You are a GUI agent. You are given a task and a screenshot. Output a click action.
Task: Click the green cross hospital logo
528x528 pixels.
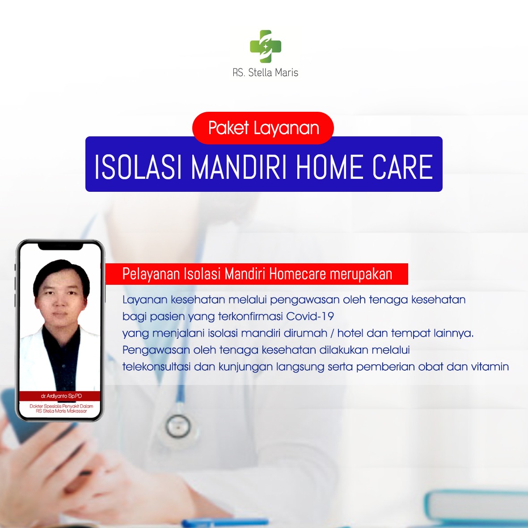266,46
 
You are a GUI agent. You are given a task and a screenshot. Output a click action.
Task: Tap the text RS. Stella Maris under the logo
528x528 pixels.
266,72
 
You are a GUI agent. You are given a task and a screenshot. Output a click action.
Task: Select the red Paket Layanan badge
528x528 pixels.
263,128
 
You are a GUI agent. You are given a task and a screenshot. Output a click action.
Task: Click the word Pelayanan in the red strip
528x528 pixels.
151,274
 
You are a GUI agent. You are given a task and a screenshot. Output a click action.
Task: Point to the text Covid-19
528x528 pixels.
310,316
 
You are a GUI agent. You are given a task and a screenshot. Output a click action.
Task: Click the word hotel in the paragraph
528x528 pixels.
350,333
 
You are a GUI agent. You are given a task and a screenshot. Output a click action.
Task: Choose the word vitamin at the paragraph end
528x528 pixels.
490,366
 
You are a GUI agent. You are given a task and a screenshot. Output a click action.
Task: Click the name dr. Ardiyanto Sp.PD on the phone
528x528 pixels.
61,396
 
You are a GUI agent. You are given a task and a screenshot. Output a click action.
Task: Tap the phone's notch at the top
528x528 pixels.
60,246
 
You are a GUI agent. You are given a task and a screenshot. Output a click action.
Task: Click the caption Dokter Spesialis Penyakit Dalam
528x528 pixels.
61,406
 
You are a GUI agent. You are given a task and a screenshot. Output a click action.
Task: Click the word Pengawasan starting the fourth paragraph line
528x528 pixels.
156,350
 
